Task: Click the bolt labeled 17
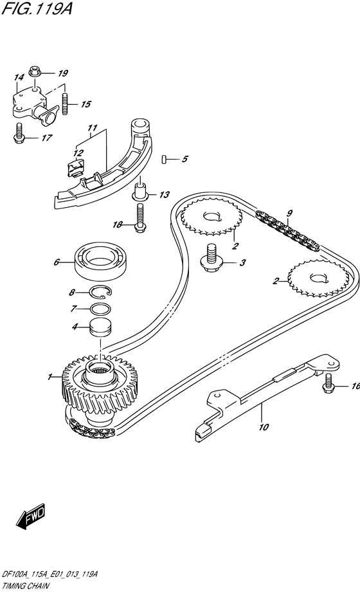click(17, 133)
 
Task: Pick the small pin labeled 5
click(165, 158)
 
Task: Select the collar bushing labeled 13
click(140, 194)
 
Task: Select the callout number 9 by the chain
click(289, 213)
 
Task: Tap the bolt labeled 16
click(328, 383)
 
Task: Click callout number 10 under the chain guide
click(262, 425)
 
